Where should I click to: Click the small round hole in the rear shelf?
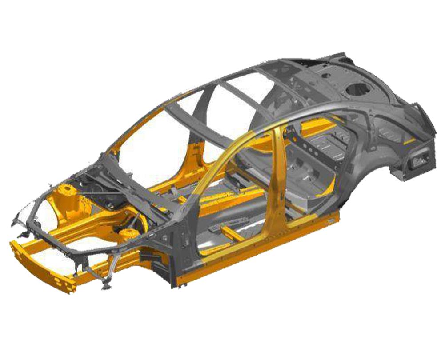[x=326, y=76]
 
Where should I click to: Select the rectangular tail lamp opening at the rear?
[x=418, y=160]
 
